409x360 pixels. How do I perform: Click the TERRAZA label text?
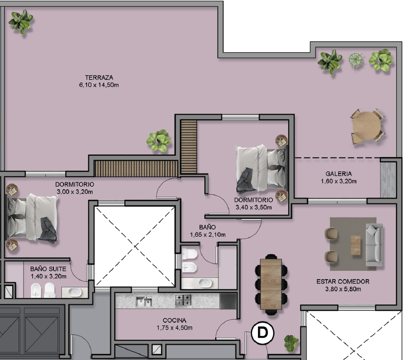point(99,78)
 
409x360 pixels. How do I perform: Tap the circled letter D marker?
point(263,333)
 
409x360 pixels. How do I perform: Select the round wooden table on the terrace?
point(367,126)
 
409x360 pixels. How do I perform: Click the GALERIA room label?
point(338,174)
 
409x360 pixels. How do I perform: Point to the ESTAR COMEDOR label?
point(343,281)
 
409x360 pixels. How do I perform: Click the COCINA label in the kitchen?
point(174,320)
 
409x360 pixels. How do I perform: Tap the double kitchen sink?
point(144,302)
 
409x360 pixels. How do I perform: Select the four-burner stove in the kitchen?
point(183,301)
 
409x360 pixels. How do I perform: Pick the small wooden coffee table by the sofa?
point(355,245)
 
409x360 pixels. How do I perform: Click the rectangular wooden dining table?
point(271,284)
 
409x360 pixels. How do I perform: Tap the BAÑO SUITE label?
point(48,269)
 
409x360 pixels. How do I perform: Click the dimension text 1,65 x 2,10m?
point(208,235)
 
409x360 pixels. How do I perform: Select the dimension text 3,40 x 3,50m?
point(254,207)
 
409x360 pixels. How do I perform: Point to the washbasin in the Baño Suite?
point(75,292)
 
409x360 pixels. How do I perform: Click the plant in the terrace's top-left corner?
point(21,22)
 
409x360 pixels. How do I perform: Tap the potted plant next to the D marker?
point(291,343)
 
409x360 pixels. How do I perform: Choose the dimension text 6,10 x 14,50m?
point(99,85)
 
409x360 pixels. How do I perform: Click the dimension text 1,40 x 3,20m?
point(49,276)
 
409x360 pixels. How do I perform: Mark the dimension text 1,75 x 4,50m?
point(174,328)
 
